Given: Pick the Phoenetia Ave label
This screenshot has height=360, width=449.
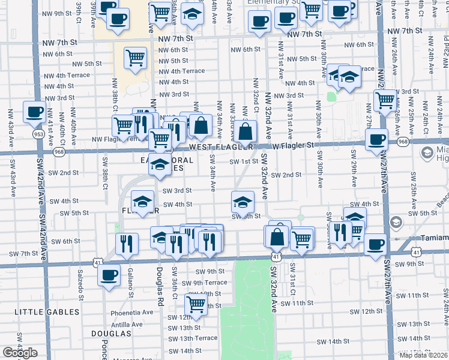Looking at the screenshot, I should [132, 313].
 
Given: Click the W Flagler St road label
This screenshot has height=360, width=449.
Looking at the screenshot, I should [292, 145].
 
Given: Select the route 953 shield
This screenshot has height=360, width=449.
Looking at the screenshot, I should [38, 134].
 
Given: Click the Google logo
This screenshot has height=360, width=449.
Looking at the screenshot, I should [20, 353].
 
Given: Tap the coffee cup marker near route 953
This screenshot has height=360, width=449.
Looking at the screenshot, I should [34, 112].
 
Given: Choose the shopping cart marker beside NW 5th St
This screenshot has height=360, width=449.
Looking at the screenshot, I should [135, 59].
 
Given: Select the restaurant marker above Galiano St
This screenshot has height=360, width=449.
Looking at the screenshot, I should [127, 243].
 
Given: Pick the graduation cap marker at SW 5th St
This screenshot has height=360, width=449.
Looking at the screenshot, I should [243, 202].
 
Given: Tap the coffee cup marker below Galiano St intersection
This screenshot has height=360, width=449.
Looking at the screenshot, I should [109, 276].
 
